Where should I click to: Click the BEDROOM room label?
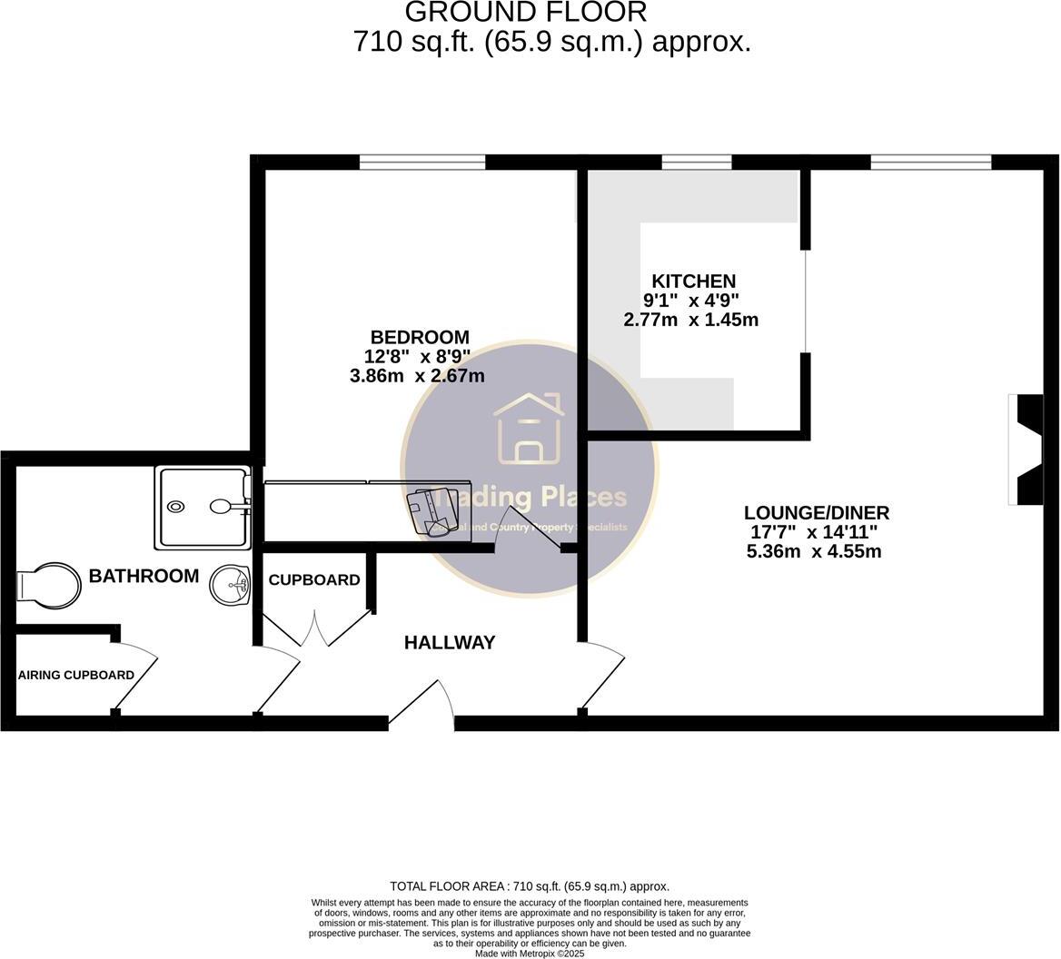click(x=419, y=337)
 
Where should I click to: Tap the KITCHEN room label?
click(x=693, y=281)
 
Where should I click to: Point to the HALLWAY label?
click(x=450, y=643)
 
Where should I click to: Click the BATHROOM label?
click(x=144, y=576)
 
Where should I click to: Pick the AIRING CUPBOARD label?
click(x=76, y=675)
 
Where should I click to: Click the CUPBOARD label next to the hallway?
click(x=314, y=579)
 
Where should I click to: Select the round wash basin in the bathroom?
click(x=231, y=585)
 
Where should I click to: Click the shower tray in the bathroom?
click(x=203, y=507)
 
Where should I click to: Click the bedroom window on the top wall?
click(x=421, y=163)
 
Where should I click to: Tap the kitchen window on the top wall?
click(x=697, y=163)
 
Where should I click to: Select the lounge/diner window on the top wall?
click(x=930, y=163)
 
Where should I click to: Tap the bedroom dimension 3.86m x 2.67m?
click(x=417, y=376)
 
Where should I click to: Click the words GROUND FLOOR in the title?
click(x=525, y=13)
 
